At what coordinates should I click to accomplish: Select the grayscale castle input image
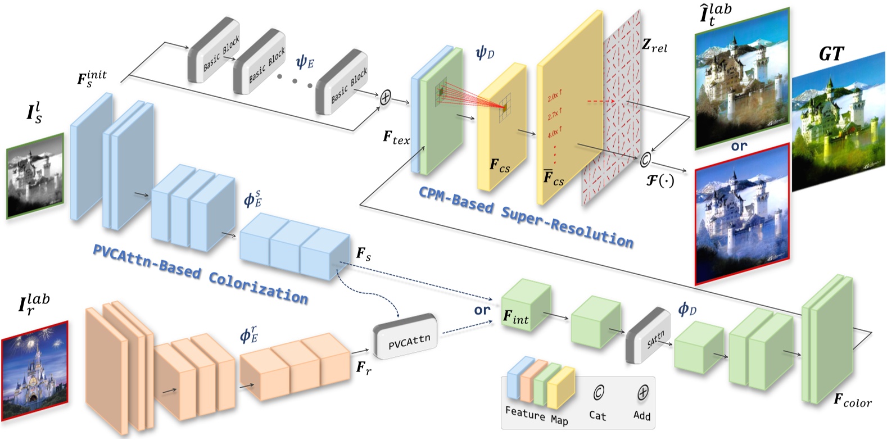35,176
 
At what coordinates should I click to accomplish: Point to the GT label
830,54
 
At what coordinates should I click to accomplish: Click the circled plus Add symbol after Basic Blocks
385,97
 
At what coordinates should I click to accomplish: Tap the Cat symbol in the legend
598,393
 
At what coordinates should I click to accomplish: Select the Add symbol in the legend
642,393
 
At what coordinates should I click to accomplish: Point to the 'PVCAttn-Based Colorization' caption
200,273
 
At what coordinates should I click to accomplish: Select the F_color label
852,401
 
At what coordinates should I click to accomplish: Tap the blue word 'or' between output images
739,146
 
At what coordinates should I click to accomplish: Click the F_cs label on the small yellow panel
499,166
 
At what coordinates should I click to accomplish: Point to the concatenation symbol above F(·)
645,160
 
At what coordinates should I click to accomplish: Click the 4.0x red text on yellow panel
554,132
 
